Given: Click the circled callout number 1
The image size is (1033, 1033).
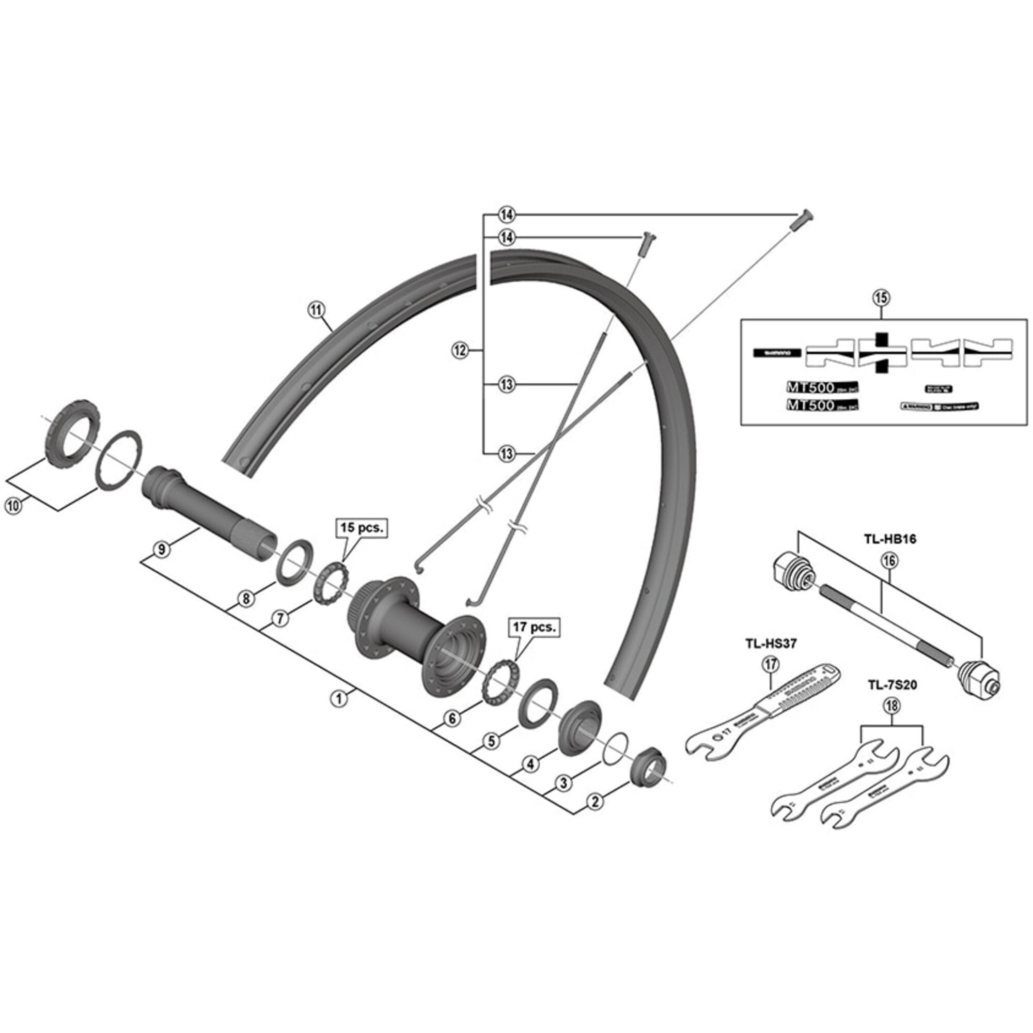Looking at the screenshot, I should click(x=338, y=698).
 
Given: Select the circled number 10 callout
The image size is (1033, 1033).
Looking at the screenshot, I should click(x=14, y=505).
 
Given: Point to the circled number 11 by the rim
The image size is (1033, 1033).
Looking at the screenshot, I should click(x=317, y=309).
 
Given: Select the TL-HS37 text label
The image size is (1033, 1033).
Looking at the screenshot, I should click(x=771, y=644).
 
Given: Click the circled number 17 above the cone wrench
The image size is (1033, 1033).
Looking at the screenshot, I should click(x=771, y=665).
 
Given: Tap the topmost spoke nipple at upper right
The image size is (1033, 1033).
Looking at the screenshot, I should click(x=802, y=219).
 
